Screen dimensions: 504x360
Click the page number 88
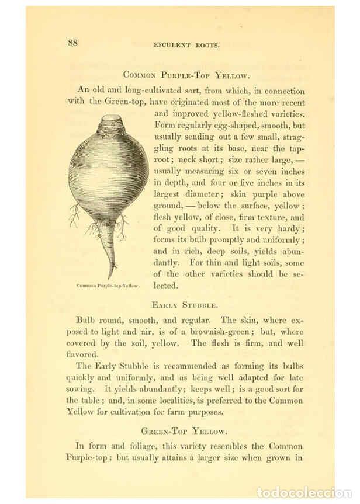point(73,42)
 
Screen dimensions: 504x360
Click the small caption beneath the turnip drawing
point(108,286)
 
